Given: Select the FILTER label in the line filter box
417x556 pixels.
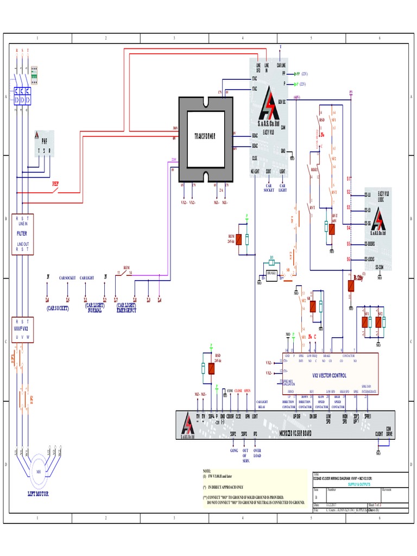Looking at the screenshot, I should [22, 233].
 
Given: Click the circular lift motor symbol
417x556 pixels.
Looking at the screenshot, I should [38, 472].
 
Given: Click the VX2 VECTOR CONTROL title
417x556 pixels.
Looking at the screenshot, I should [329, 375].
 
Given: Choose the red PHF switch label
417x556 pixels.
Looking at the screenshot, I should [55, 184].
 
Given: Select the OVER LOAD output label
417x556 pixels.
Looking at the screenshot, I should [257, 453].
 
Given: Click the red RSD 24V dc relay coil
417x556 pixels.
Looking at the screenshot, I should [211, 369].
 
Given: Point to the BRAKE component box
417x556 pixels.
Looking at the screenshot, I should [272, 273].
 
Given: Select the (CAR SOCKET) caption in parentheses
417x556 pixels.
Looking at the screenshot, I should [58, 308].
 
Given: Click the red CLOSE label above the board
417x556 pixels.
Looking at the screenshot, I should [238, 391].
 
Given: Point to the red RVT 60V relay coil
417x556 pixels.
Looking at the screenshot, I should [332, 229].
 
